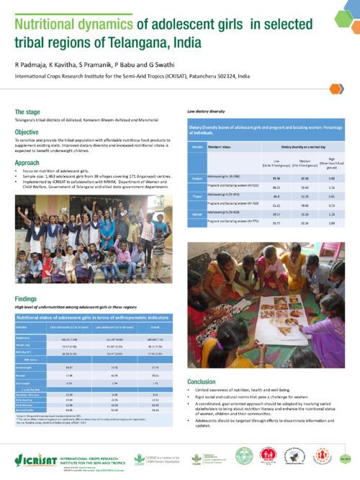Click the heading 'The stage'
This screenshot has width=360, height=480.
point(27,112)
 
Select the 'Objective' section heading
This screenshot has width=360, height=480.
point(27,133)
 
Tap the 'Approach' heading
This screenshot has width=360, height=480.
point(28,163)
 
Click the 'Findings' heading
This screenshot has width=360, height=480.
point(27,298)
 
